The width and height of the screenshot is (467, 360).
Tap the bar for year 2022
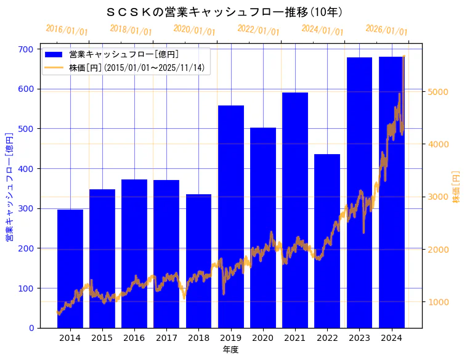click(x=327, y=241)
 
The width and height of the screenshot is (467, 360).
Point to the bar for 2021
click(x=295, y=210)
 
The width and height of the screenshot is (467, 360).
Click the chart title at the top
click(x=225, y=12)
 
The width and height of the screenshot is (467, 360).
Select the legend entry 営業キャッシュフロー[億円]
click(x=124, y=55)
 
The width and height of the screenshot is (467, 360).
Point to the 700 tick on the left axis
click(x=29, y=49)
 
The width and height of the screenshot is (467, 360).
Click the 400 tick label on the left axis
click(x=29, y=169)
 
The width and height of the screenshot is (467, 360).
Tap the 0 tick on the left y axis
click(x=32, y=328)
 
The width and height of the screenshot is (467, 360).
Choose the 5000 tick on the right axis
click(x=437, y=92)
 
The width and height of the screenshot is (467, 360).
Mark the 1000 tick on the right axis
click(x=437, y=302)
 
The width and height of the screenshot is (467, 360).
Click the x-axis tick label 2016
click(x=134, y=338)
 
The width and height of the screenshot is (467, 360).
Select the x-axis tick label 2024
click(x=391, y=338)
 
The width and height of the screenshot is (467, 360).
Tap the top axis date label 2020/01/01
click(x=195, y=30)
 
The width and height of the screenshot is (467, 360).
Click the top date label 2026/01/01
click(x=386, y=30)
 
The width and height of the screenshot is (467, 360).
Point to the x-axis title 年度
click(x=230, y=350)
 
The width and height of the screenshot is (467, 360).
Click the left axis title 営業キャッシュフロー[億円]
click(x=9, y=186)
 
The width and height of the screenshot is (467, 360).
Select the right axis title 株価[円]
click(x=457, y=186)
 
